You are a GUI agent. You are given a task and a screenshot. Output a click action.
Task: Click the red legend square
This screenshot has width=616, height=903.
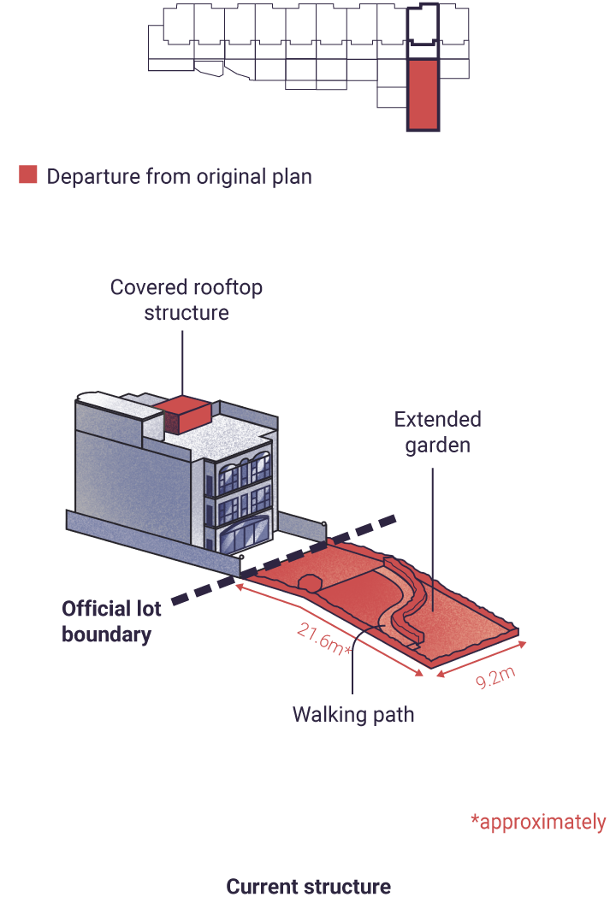[x=27, y=174]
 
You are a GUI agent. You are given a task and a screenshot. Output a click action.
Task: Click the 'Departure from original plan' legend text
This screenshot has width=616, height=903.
[x=179, y=176]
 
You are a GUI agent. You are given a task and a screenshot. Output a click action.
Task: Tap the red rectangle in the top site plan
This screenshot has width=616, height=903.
[x=423, y=94]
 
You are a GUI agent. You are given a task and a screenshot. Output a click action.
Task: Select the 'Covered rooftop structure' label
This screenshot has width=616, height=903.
[x=187, y=300]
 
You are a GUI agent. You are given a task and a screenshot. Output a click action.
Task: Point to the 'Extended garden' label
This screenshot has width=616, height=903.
[x=437, y=432]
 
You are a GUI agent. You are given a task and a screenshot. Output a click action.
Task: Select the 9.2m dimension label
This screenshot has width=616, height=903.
[x=495, y=677]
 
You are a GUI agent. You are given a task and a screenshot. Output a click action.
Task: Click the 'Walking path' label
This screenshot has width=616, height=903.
[x=353, y=715]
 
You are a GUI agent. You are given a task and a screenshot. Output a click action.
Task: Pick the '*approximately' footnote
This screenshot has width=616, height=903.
[x=538, y=822]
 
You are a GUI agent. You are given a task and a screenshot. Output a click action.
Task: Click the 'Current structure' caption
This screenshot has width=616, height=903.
[x=308, y=886]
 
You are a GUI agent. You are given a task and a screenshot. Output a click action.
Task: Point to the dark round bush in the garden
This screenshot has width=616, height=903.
[x=310, y=582]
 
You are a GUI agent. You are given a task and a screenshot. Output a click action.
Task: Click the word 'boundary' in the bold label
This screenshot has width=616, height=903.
[x=107, y=634]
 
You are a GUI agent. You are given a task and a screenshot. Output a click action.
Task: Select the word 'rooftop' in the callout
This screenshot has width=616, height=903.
[x=227, y=287]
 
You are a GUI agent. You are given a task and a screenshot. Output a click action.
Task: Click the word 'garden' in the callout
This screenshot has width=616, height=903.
[x=437, y=446]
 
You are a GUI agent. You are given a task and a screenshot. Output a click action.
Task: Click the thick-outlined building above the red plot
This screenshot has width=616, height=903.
[x=423, y=25]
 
